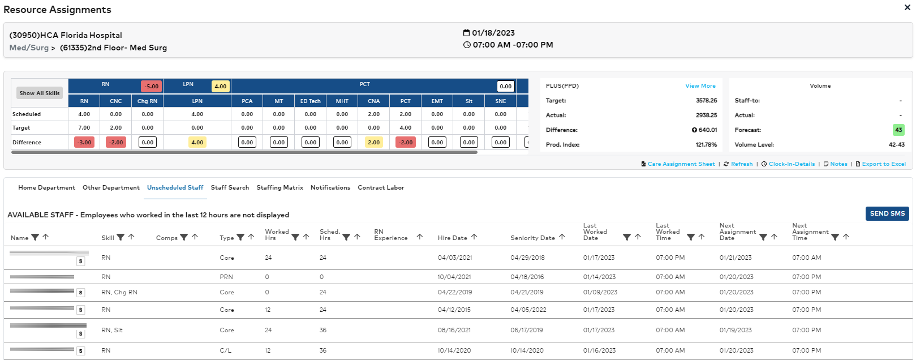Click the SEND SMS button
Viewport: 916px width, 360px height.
887,213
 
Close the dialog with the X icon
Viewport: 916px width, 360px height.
908,7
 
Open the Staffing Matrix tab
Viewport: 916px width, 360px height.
279,187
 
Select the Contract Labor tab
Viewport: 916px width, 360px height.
381,187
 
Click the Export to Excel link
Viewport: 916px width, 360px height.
883,164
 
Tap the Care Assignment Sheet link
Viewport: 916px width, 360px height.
681,164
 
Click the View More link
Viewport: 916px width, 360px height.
700,86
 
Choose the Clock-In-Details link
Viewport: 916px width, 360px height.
791,164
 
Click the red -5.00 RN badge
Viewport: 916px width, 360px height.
151,86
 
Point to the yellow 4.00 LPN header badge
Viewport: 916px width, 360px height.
220,86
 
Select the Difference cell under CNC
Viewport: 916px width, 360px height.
116,142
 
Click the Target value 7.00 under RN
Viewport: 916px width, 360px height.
84,128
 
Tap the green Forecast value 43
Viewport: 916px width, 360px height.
898,130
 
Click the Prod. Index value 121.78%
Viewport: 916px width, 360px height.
706,145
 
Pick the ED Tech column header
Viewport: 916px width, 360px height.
310,101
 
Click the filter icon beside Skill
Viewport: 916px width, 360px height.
121,237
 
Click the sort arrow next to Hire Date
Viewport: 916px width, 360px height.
474,237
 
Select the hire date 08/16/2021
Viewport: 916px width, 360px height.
454,330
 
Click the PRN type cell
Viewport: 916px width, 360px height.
226,277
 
